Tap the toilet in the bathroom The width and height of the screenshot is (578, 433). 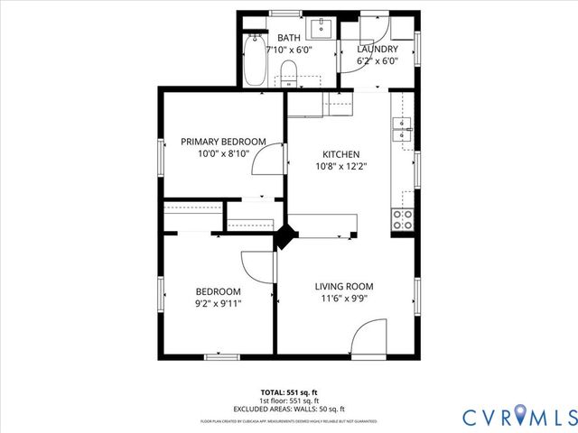(x=289, y=70)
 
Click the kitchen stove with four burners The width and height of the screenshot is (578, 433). (x=403, y=217)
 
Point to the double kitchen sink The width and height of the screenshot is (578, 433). (x=403, y=130)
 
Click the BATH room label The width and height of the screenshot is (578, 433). (x=289, y=38)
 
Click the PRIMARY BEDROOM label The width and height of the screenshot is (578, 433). (x=223, y=142)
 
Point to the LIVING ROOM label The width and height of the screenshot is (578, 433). (x=343, y=286)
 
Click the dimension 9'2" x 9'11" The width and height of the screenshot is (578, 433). (x=219, y=304)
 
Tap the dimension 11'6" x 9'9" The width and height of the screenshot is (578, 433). (x=343, y=299)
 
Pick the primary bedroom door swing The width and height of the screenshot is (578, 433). (x=265, y=162)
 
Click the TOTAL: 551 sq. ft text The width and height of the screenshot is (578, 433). (x=289, y=392)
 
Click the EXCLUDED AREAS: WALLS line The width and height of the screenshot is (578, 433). (x=289, y=409)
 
